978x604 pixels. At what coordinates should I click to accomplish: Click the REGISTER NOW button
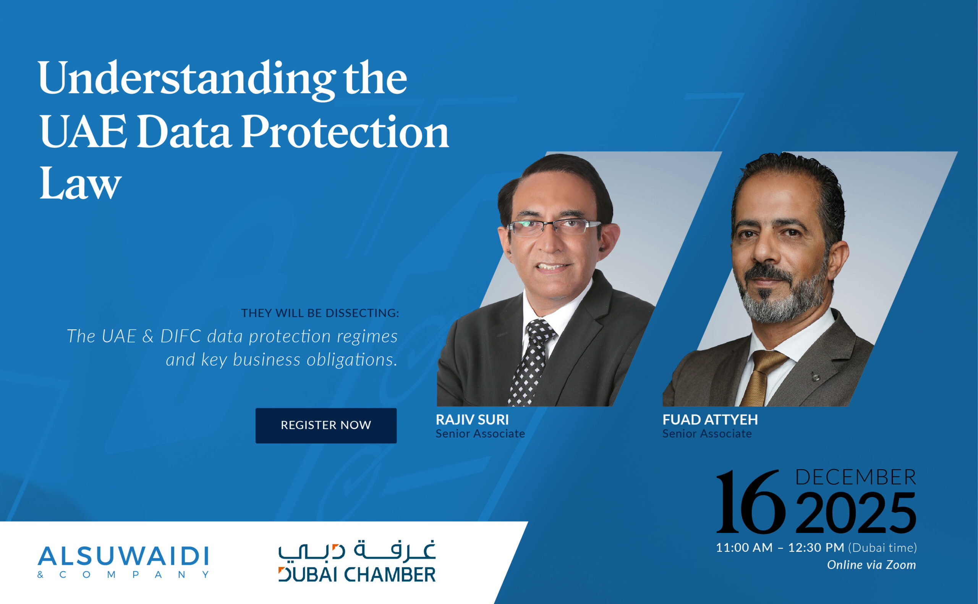pos(326,425)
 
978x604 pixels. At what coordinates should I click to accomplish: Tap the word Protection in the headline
pos(345,132)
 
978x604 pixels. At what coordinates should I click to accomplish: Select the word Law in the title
pos(80,184)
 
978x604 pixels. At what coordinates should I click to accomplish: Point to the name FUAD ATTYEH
pos(710,420)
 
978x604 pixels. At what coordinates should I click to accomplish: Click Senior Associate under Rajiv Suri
pos(480,434)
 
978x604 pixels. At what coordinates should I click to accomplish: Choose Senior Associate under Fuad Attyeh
pos(707,434)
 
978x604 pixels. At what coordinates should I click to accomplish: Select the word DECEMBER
pos(856,477)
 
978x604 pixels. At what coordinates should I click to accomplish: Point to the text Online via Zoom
pos(871,565)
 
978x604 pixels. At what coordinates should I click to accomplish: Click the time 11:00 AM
pos(744,547)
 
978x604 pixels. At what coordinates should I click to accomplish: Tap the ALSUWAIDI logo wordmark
pos(123,556)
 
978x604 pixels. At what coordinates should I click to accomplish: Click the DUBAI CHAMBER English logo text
pos(357,575)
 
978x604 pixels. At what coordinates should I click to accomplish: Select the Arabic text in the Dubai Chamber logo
pos(357,551)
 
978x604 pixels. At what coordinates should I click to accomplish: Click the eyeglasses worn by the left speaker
pos(554,227)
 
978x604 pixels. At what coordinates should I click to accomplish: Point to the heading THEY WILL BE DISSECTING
pos(320,313)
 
